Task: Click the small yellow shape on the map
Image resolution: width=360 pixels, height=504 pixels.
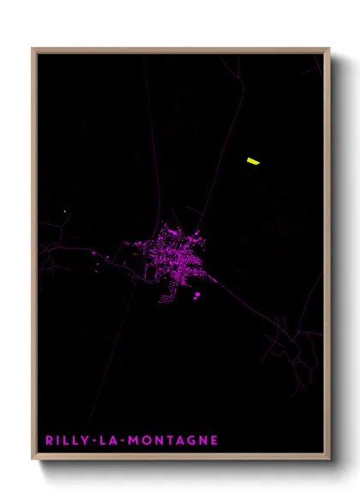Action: tap(253, 159)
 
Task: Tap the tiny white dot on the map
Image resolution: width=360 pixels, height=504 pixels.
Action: tap(65, 211)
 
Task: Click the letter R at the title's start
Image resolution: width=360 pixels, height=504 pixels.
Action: tap(49, 441)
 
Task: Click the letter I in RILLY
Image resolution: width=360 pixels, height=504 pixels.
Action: tap(57, 441)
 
